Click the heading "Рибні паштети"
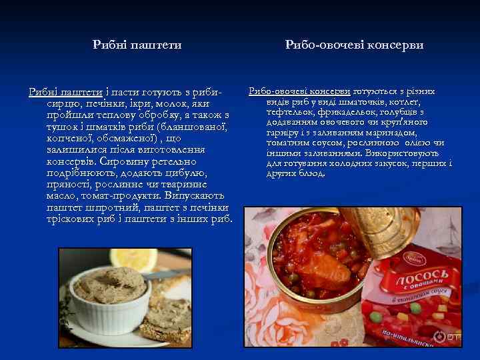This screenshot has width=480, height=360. point(137,45)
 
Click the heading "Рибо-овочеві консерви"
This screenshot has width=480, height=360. point(354,45)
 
